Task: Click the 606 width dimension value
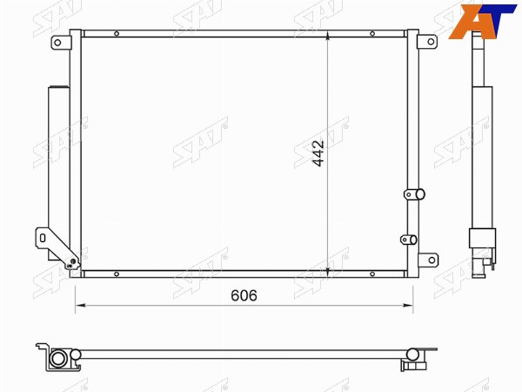[x=244, y=295]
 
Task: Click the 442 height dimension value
[x=318, y=153]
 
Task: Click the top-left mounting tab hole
[x=57, y=43]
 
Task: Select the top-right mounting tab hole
[x=431, y=42]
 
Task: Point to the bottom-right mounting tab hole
[x=432, y=260]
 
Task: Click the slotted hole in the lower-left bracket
[x=43, y=238]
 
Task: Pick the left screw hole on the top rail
[x=117, y=34]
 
